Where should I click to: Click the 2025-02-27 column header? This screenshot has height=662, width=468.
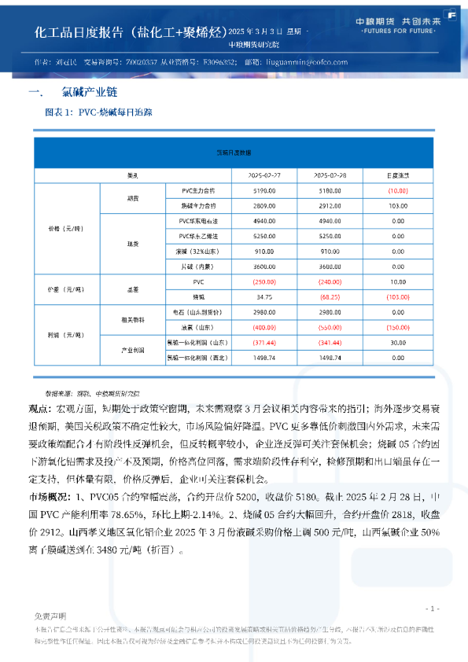point(264,175)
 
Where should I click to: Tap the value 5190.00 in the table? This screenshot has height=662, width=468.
point(264,190)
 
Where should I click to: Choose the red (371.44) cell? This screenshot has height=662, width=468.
point(264,343)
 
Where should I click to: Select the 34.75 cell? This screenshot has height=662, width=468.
point(264,297)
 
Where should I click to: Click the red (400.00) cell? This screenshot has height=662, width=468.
point(264,326)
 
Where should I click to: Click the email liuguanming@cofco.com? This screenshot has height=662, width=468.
point(307,61)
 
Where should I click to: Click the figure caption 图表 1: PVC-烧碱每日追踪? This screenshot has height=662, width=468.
point(99,112)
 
